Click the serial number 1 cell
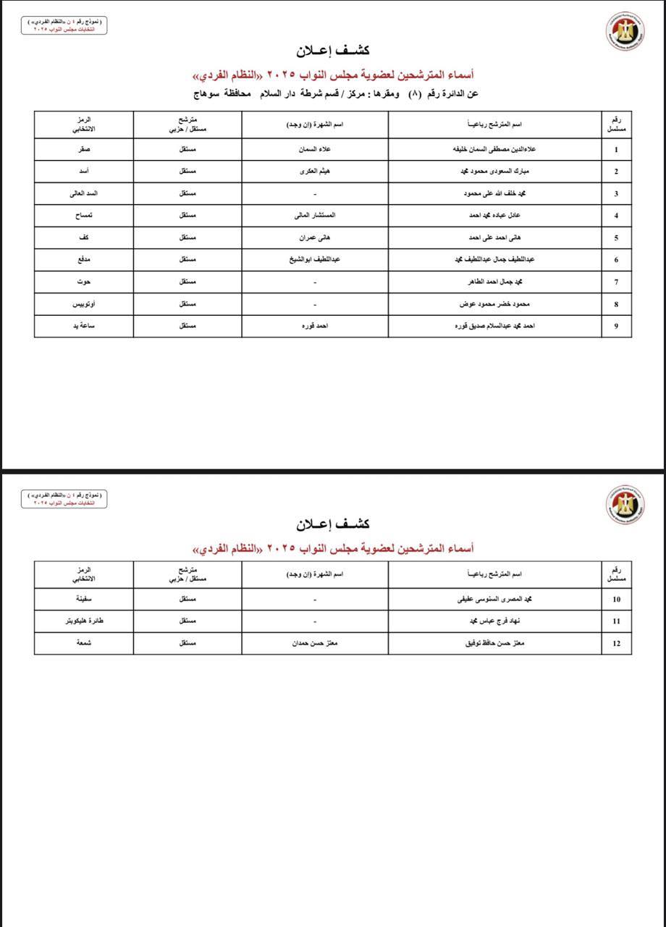pos(616,150)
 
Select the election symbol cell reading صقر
pos(84,150)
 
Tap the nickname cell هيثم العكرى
pos(314,172)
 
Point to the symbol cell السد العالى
pos(84,194)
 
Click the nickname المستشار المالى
pos(314,216)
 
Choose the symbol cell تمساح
pos(84,216)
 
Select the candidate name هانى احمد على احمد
pos(496,238)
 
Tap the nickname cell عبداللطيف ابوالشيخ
pos(314,259)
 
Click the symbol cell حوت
pos(84,282)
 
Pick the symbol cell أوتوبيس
pos(84,304)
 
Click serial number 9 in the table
pos(616,326)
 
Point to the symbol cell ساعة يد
pos(84,326)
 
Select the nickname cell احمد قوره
pos(314,326)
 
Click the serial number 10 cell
pos(616,600)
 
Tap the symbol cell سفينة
pos(84,600)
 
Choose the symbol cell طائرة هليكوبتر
pos(84,621)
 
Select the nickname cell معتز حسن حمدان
pos(314,643)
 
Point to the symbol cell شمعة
pos(84,643)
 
